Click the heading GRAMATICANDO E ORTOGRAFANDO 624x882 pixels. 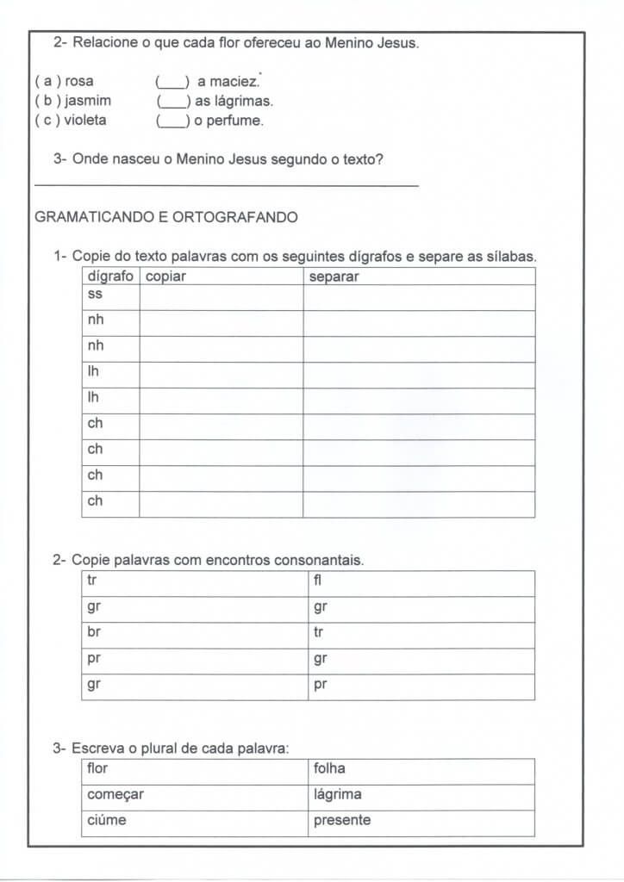tap(166, 217)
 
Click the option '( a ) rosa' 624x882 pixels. tap(64, 82)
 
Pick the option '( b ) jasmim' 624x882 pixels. tap(72, 101)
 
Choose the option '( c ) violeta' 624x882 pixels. tap(71, 121)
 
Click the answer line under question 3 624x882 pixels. tap(227, 184)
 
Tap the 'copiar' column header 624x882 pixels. tap(165, 276)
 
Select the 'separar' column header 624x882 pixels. tap(334, 276)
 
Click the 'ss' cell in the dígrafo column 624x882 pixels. tap(95, 295)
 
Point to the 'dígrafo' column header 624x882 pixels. tap(110, 276)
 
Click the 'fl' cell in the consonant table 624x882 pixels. tap(317, 581)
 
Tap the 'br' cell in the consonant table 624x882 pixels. tap(94, 632)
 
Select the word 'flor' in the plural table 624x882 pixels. tap(97, 768)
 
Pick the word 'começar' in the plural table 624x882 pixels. tap(115, 794)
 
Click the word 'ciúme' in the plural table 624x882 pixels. tap(106, 820)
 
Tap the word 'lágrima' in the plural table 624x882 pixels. tap(337, 794)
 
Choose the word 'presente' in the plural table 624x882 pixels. tap(342, 820)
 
